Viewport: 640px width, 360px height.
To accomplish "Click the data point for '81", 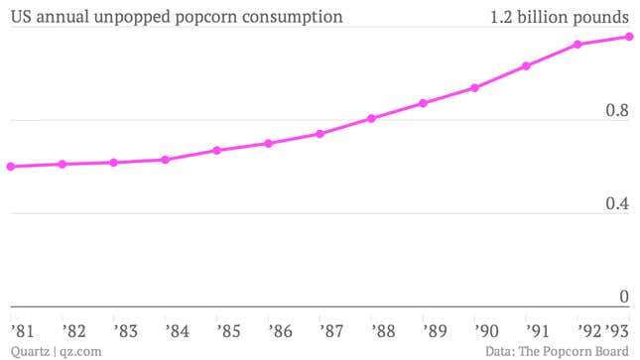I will click(11, 167).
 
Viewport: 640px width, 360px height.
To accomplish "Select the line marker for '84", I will click(165, 160).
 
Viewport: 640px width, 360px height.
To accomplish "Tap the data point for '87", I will click(320, 133).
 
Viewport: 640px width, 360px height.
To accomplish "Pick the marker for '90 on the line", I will click(474, 88).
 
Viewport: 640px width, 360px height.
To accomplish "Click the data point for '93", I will click(629, 37).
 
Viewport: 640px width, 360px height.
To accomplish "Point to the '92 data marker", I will click(577, 45).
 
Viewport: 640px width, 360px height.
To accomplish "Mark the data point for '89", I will click(423, 103).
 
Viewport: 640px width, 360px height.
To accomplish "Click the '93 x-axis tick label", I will click(618, 329).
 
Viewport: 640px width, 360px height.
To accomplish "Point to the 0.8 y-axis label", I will click(617, 110).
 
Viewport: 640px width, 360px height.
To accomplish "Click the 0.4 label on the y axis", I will click(617, 203).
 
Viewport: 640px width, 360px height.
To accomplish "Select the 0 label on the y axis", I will click(624, 297).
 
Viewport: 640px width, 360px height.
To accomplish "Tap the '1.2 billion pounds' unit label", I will click(560, 17).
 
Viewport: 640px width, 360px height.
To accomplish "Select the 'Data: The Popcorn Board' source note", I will click(558, 350).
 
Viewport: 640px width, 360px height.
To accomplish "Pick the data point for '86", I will click(268, 144).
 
